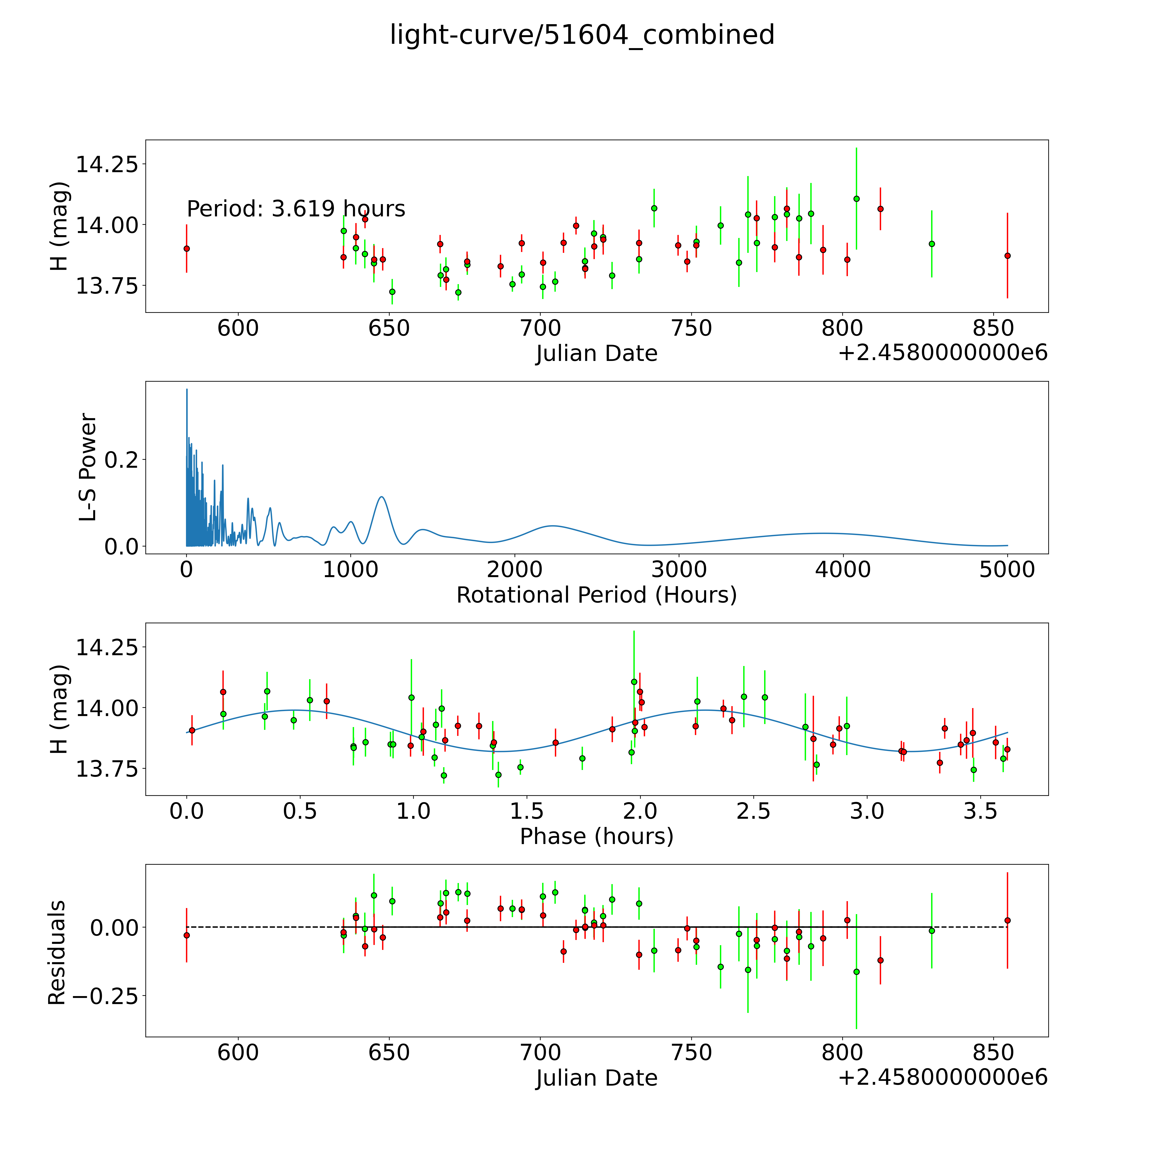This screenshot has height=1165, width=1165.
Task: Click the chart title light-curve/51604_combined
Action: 582,35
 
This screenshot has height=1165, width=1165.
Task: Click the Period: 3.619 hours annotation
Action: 296,209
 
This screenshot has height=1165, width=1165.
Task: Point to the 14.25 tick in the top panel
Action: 106,164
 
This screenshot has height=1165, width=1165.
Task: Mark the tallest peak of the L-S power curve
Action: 187,390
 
